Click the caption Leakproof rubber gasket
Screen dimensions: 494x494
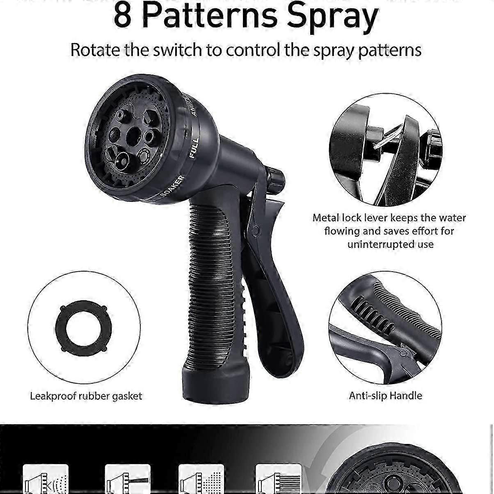86,396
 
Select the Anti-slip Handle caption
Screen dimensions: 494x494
385,396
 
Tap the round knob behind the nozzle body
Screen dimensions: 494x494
274,177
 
